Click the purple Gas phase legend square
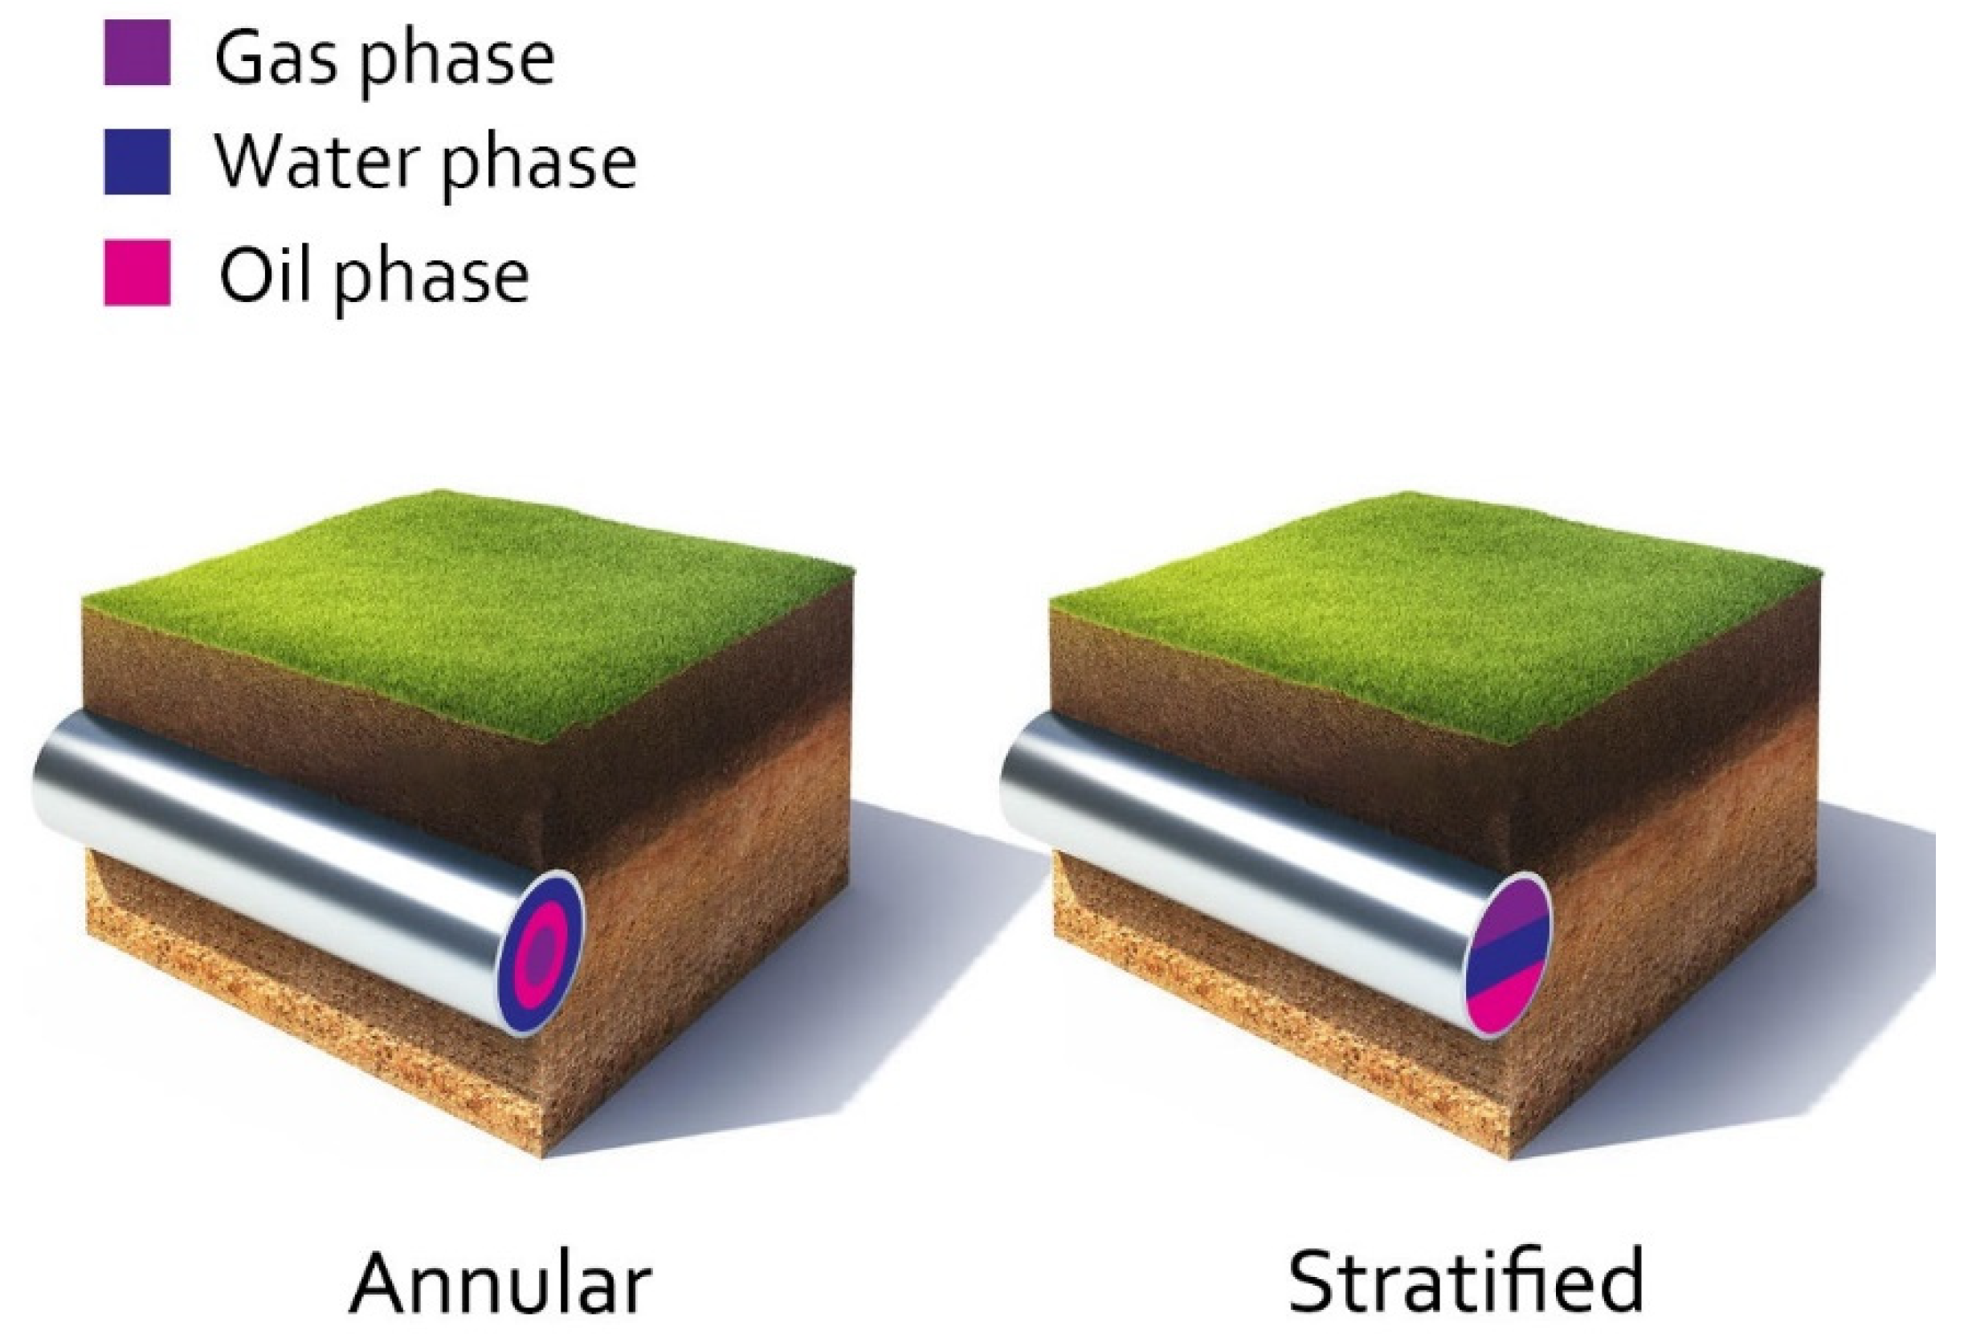pos(137,52)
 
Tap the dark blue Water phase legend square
pos(137,161)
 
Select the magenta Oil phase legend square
pos(137,272)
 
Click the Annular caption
pos(501,1283)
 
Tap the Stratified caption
pos(1465,1281)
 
